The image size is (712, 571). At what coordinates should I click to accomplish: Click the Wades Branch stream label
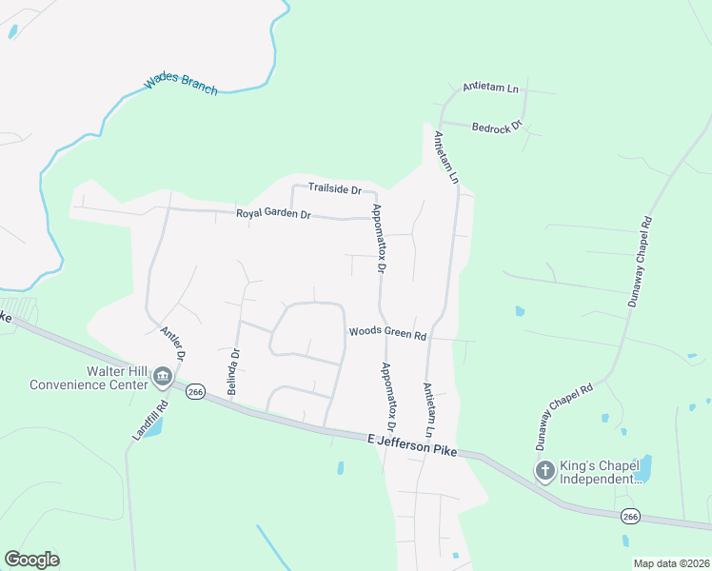(x=181, y=87)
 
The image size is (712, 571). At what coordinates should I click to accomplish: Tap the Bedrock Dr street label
(x=498, y=126)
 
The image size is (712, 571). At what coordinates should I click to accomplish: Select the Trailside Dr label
(x=334, y=188)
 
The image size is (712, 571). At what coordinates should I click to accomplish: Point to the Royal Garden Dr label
(x=273, y=214)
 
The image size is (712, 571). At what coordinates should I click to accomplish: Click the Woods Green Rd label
(x=386, y=333)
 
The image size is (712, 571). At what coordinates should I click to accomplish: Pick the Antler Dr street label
(x=172, y=341)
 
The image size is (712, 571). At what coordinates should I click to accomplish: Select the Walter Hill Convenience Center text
(x=89, y=378)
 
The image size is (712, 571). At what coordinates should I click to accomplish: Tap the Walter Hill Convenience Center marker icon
(x=163, y=378)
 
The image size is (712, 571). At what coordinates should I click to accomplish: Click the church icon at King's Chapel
(x=544, y=470)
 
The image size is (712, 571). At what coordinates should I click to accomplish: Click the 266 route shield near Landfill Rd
(x=196, y=392)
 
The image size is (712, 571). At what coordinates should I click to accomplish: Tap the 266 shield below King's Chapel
(x=629, y=516)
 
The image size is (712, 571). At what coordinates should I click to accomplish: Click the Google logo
(x=31, y=560)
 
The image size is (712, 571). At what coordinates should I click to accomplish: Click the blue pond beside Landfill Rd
(x=153, y=425)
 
